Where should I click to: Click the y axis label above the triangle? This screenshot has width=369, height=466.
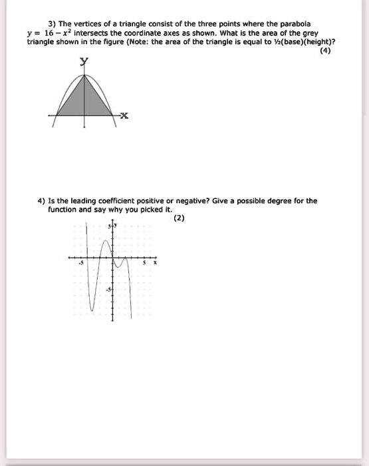coord(84,62)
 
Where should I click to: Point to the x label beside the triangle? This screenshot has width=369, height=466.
coord(125,116)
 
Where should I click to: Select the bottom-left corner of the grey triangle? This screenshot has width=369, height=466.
coord(56,116)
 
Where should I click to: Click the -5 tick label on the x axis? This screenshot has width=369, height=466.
coord(82,263)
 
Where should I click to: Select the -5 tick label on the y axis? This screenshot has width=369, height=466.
coord(108,288)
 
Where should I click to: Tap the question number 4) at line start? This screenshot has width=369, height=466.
coord(41,200)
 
